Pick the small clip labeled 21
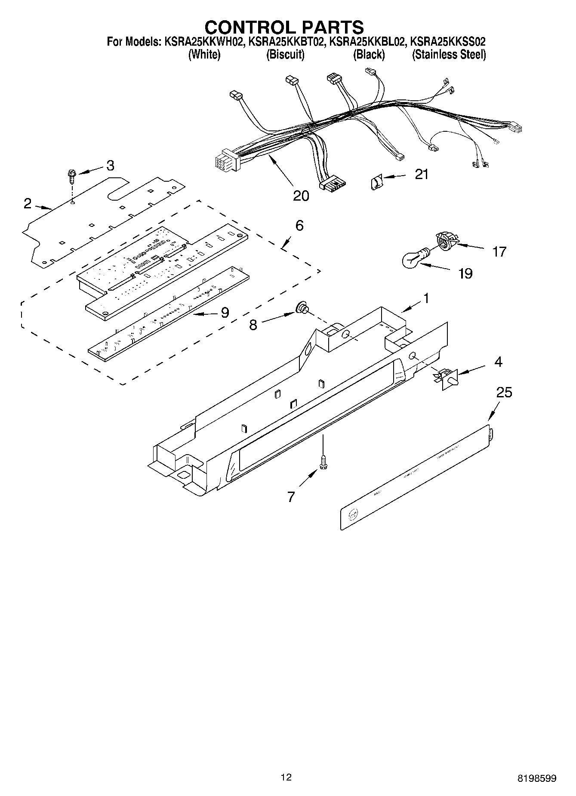point(376,182)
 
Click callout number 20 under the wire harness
point(301,195)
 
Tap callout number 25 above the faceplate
point(504,392)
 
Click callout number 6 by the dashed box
point(299,225)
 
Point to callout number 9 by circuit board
point(225,313)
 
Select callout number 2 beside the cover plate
point(27,203)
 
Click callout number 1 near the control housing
point(426,298)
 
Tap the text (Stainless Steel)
point(449,55)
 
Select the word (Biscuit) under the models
point(285,55)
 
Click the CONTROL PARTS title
point(284,27)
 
